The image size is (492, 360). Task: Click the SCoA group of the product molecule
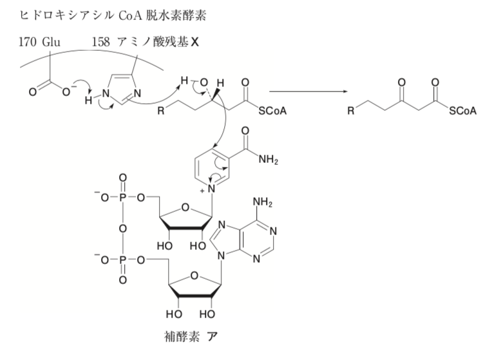462,111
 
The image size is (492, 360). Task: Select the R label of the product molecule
350,111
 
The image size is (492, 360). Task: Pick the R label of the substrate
161,111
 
